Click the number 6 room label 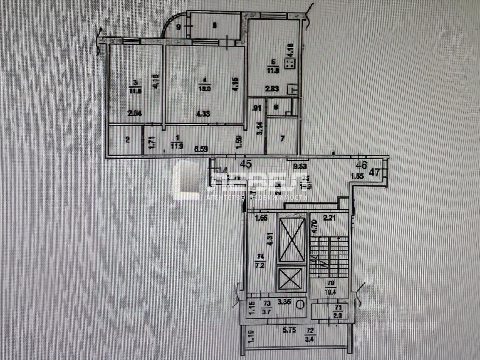(x=276, y=106)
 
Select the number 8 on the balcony (x=215, y=25)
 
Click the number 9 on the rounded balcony (x=178, y=27)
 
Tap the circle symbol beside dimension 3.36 (x=300, y=304)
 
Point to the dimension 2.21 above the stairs (x=329, y=216)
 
